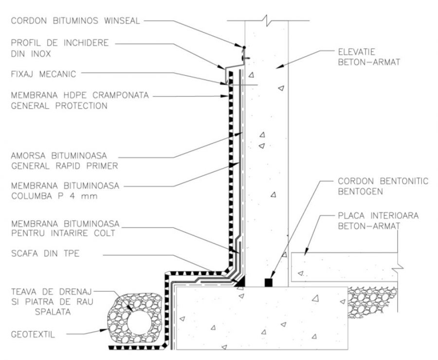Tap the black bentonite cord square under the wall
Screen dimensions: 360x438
coord(267,282)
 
